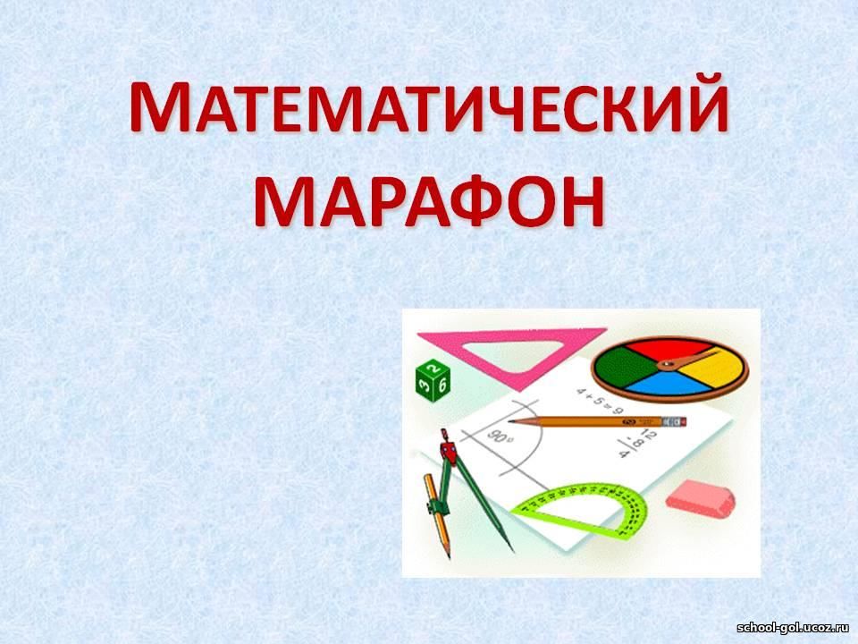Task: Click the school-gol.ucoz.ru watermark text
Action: (x=794, y=628)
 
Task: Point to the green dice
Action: (x=433, y=381)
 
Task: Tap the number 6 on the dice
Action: (x=442, y=385)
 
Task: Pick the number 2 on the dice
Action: (x=433, y=367)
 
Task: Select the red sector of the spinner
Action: (x=669, y=350)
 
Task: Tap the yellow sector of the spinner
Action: (x=711, y=369)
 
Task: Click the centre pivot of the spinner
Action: (x=667, y=365)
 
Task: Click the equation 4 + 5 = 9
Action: (x=599, y=401)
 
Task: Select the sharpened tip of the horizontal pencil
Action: (x=510, y=421)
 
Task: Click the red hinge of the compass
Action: (x=448, y=450)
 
